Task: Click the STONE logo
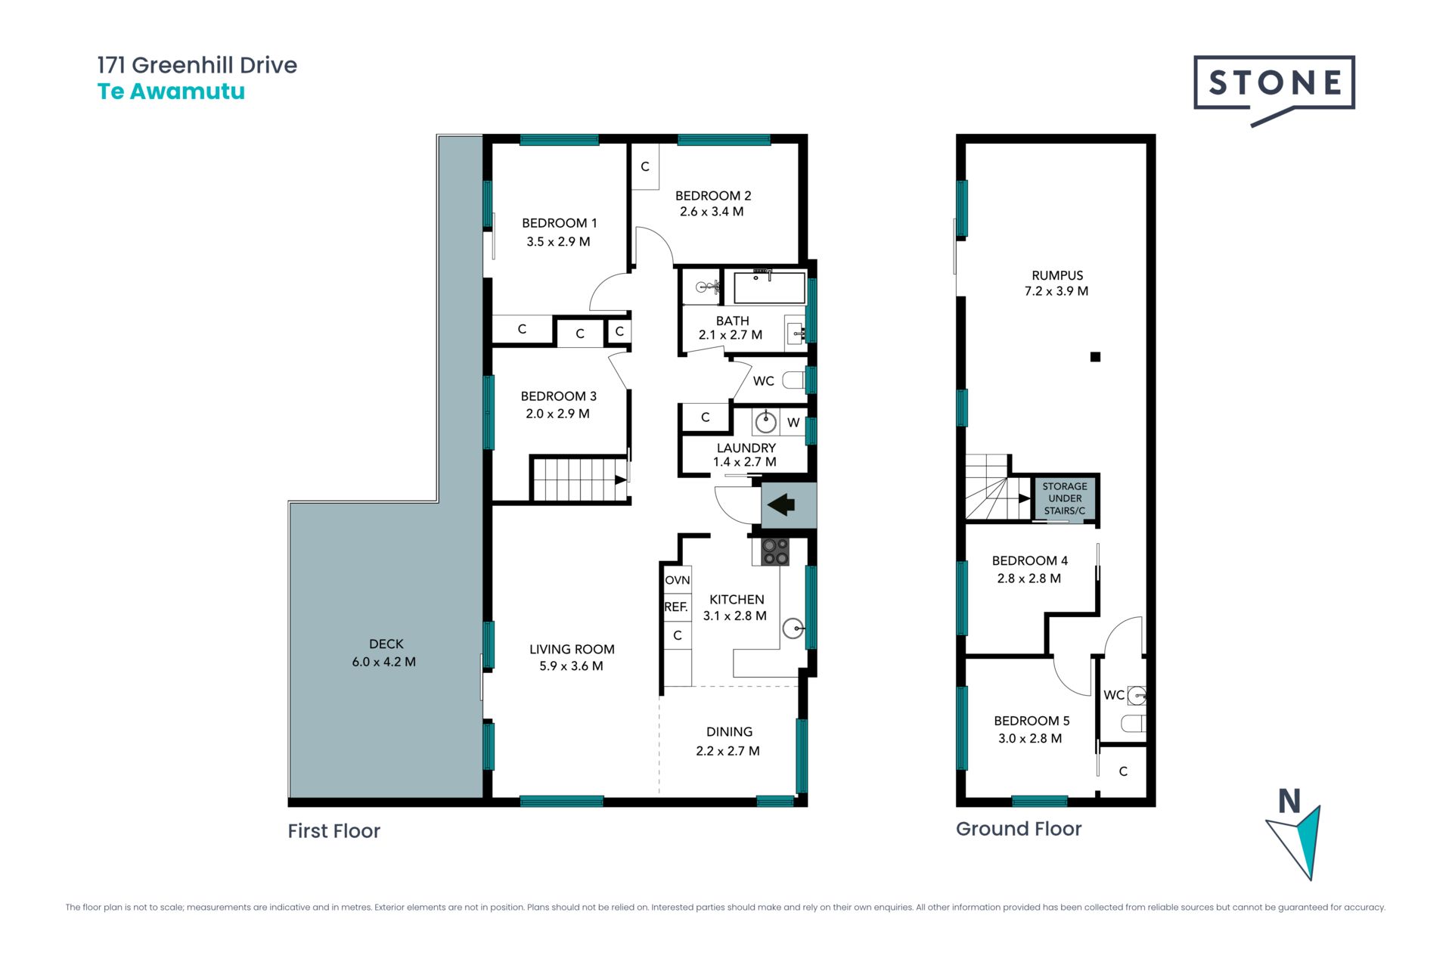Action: coord(1274,87)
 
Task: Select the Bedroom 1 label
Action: coord(560,223)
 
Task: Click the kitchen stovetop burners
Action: coord(775,551)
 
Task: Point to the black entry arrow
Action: coord(781,504)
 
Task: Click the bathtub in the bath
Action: coord(769,287)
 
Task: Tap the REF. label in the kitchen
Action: coord(676,607)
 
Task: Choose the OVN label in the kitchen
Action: coord(678,580)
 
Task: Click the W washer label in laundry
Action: coord(793,423)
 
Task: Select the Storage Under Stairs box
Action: coord(1065,498)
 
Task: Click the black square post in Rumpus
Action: coord(1095,357)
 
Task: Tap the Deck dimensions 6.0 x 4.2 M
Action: coord(384,662)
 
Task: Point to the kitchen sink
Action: coord(793,628)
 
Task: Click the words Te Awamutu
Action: coord(171,92)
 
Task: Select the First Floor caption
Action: coord(334,831)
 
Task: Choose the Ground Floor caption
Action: coord(1019,829)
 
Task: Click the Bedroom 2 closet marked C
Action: coord(645,166)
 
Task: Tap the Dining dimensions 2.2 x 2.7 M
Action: coord(728,751)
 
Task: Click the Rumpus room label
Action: coord(1057,275)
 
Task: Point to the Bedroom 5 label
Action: coord(1032,721)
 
